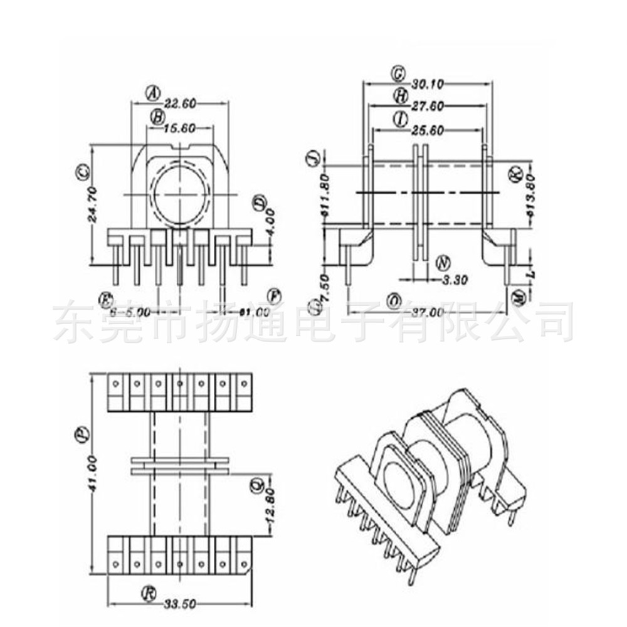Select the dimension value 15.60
180,128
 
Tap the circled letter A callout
154,92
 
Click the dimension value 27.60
428,107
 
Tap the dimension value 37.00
428,312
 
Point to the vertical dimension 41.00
92,473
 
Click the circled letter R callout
148,593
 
